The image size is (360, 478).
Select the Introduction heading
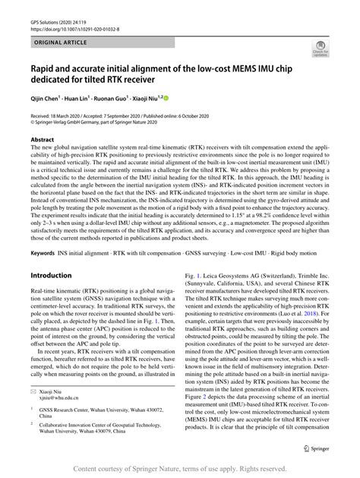58,274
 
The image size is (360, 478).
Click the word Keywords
45,249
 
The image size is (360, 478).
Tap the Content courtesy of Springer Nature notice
180,468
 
